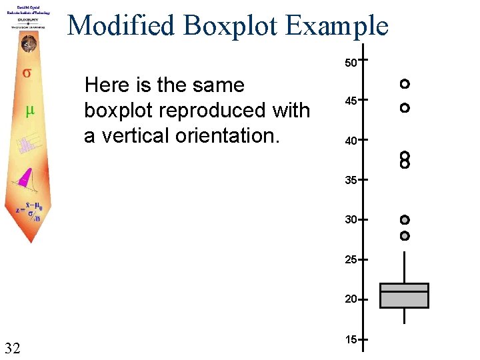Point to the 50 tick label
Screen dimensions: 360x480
coord(351,63)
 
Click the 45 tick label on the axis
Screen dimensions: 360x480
coord(351,101)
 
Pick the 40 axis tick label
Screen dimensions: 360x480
coord(351,141)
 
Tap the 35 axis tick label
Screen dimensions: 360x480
coord(351,180)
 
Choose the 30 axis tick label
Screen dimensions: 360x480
coord(351,219)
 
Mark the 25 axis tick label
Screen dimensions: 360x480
coord(351,259)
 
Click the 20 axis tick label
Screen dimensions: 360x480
coord(351,299)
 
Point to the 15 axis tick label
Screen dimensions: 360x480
coord(351,340)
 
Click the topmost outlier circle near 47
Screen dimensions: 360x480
coord(404,84)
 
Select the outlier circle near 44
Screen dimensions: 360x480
coord(404,107)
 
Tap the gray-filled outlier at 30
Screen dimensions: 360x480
coord(404,220)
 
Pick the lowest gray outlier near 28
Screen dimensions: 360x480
coord(404,236)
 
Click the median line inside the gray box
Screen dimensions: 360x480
coord(404,292)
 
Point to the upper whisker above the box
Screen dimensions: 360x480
coord(404,267)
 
